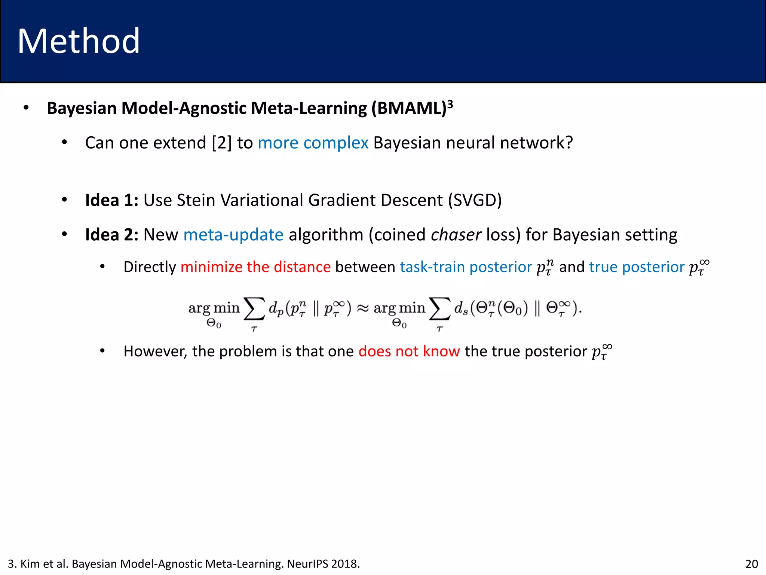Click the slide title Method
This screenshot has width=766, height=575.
(x=79, y=41)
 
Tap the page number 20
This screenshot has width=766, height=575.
(x=751, y=564)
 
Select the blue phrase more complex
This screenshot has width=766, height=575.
(x=313, y=143)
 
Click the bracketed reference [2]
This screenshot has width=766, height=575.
(x=222, y=143)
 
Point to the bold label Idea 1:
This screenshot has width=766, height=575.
(x=111, y=200)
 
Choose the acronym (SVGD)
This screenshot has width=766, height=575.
(x=475, y=200)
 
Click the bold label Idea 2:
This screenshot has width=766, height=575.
(x=111, y=235)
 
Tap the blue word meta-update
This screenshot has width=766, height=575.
(x=233, y=235)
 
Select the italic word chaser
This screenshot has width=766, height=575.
(x=456, y=235)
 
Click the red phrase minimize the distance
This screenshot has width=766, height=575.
(x=255, y=267)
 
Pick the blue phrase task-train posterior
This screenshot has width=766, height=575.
(x=466, y=267)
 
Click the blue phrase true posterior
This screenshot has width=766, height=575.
(x=637, y=267)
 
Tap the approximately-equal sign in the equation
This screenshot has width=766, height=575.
(x=362, y=308)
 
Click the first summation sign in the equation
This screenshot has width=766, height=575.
(x=254, y=309)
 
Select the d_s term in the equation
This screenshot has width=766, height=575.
(x=461, y=308)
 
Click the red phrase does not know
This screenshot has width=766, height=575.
(x=409, y=352)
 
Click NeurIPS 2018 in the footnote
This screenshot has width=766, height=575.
(x=323, y=564)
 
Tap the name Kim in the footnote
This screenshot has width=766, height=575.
(x=28, y=564)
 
